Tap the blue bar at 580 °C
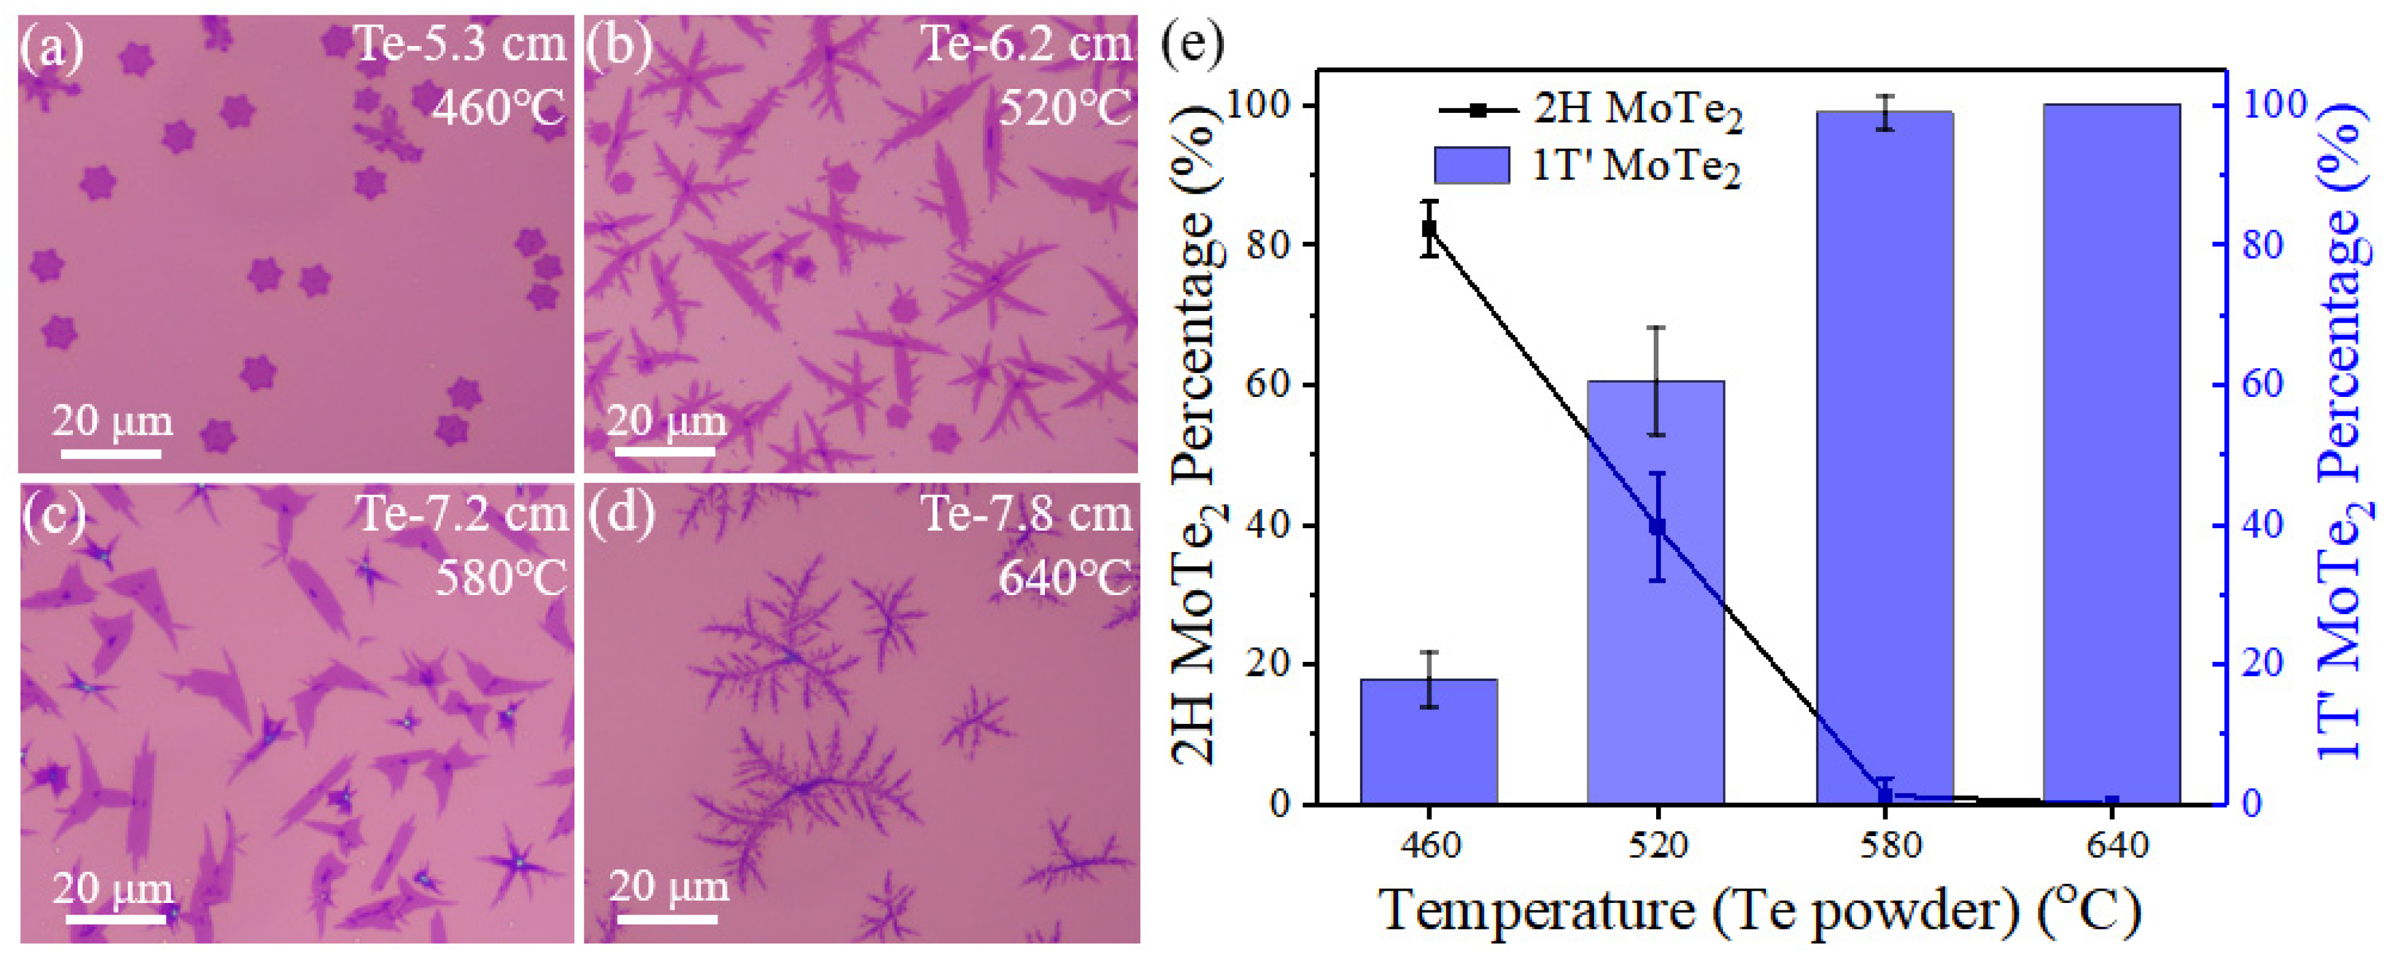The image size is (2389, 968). (x=1884, y=464)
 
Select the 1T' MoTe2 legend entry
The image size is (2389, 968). (x=1587, y=166)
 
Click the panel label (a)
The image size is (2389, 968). (x=51, y=47)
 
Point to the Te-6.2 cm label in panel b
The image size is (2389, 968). (x=1026, y=43)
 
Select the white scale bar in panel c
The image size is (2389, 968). (x=116, y=919)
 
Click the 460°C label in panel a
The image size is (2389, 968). (x=498, y=109)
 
